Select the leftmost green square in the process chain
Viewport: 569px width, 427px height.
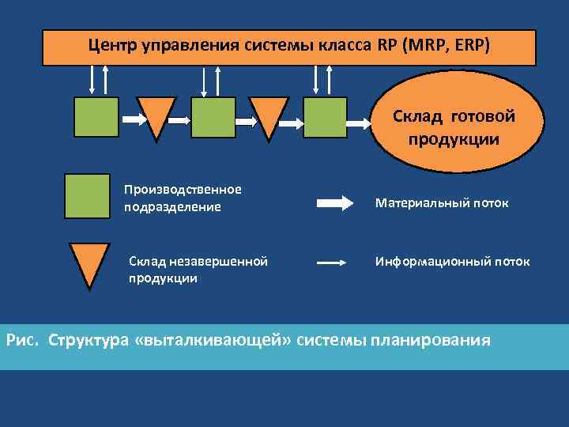[96, 118]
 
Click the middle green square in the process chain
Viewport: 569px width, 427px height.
[213, 118]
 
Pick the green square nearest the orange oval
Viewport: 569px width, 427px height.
[325, 118]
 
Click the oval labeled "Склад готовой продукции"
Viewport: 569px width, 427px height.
[454, 126]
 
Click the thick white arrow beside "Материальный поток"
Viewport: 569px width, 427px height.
[335, 203]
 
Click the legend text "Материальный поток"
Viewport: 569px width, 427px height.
[442, 203]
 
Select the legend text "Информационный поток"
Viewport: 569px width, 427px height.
[452, 261]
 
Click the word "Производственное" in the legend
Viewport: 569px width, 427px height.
[183, 190]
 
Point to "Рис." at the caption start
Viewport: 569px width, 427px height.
[22, 341]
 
